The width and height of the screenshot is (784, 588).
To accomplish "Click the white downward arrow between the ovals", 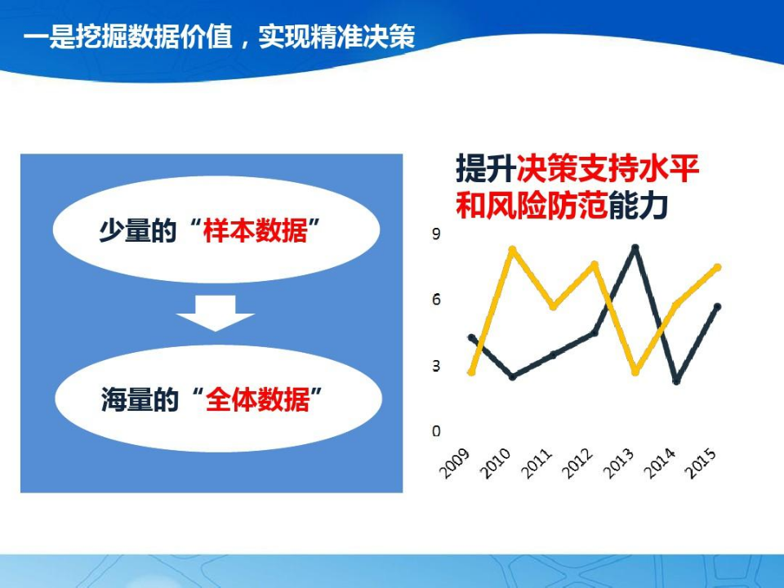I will [216, 312].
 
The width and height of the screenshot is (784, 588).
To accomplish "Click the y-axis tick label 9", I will [436, 235].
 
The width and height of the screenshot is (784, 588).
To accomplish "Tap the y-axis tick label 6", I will [436, 300].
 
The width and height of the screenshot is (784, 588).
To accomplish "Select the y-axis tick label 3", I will [436, 366].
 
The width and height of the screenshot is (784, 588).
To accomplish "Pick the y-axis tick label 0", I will [436, 431].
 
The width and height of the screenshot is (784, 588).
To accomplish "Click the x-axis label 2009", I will [456, 463].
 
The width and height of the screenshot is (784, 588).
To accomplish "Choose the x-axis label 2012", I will [578, 463].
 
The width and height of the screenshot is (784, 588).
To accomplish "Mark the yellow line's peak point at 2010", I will [512, 249].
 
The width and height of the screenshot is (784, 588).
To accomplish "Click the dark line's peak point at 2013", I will [635, 247].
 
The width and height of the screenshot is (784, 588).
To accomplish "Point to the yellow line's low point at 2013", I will [635, 372].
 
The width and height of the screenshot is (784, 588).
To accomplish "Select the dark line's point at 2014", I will [676, 381].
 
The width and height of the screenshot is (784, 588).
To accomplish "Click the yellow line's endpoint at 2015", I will [718, 267].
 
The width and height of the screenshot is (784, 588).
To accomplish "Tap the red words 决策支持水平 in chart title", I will [608, 171].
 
